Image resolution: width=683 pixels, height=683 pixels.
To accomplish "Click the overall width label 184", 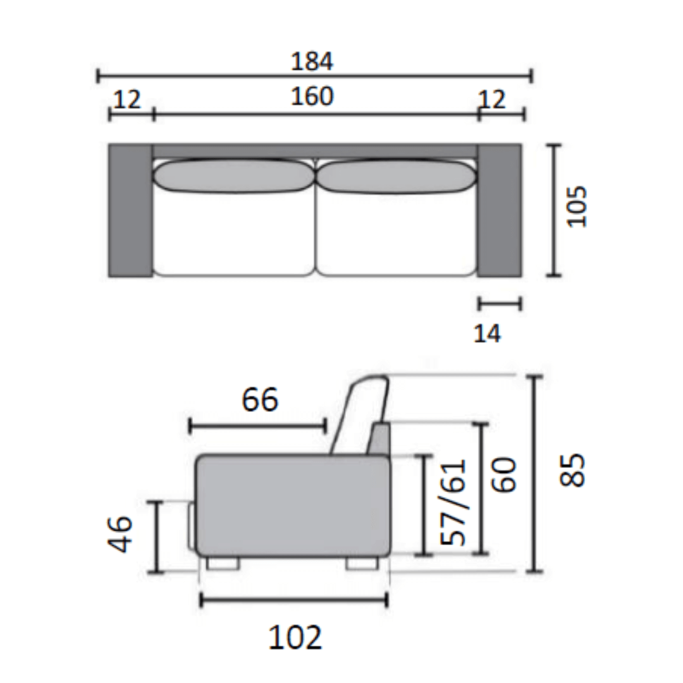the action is click(312, 61).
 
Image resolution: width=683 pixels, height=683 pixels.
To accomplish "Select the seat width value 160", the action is click(312, 96).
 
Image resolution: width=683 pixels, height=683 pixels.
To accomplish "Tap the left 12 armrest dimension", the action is click(127, 99).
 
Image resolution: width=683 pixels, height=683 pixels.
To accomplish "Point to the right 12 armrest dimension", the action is click(492, 99).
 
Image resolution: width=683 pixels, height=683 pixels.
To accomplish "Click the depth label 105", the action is click(577, 206).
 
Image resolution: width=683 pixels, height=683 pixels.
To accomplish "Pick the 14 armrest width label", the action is click(487, 334).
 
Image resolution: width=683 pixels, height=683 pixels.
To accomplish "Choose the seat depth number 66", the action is click(260, 400).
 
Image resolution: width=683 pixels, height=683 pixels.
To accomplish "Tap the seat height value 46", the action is click(120, 534).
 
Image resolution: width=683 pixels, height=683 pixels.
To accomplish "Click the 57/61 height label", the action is click(453, 502).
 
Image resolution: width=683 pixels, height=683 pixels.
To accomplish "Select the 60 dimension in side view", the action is click(504, 474).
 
